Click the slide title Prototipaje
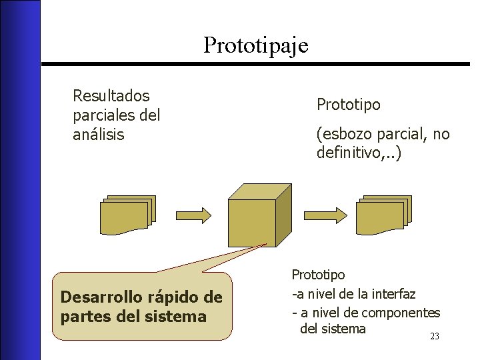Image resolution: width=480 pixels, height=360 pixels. [256, 45]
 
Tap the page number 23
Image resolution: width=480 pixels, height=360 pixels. [435, 337]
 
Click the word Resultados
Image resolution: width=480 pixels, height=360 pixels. [111, 96]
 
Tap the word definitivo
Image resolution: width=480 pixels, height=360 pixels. [350, 153]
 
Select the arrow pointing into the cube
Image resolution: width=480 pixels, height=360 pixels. [195, 214]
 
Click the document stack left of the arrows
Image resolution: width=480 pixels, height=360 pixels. [128, 215]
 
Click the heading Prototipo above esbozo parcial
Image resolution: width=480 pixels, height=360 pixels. [349, 105]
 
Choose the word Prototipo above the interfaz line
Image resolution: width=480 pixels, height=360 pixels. [319, 274]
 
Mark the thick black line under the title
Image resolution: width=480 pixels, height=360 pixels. [256, 63]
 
